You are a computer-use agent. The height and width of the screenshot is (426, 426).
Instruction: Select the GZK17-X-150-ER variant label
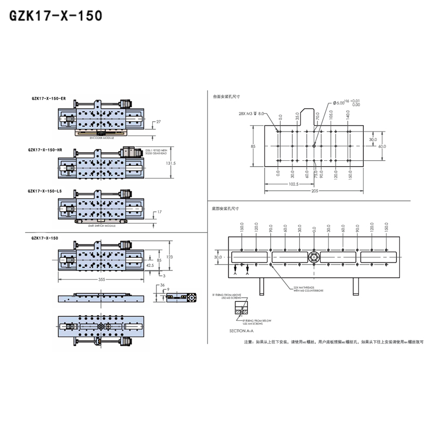click(49, 99)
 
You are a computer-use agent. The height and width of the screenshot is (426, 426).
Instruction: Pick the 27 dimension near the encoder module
click(159, 122)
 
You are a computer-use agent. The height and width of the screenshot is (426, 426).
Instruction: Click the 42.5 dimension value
click(150, 265)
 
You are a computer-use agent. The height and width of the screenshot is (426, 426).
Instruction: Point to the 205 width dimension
click(315, 191)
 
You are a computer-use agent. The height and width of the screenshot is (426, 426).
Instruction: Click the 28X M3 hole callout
click(251, 113)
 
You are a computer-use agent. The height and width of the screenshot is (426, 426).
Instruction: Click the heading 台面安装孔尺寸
click(227, 96)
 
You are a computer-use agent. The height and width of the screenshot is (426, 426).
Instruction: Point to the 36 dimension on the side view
click(162, 285)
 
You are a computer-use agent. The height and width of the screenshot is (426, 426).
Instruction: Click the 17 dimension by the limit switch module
click(159, 212)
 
